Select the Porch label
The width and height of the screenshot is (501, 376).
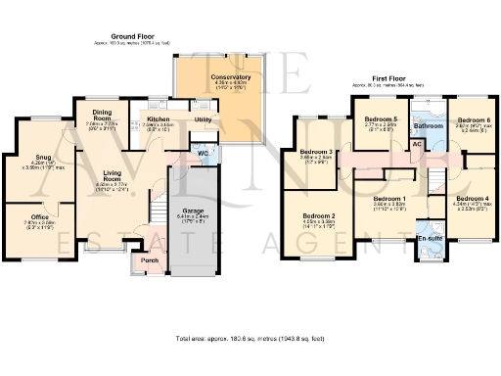click(x=150, y=260)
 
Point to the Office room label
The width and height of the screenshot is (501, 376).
click(x=39, y=216)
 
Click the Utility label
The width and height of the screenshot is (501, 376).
click(x=204, y=119)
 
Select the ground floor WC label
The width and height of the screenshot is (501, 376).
click(x=203, y=154)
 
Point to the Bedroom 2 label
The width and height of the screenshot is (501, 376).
click(x=319, y=215)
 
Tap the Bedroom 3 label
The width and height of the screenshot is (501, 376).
click(x=318, y=152)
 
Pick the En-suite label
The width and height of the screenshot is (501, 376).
click(x=429, y=238)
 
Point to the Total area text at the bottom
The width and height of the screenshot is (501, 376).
click(x=250, y=338)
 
